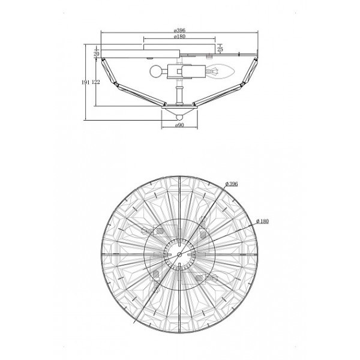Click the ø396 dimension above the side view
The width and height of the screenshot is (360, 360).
[179, 30]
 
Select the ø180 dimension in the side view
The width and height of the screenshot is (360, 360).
[179, 36]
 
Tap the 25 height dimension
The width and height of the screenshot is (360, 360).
[220, 49]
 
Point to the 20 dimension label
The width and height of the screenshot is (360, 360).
[97, 54]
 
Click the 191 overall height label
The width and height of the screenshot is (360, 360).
[85, 82]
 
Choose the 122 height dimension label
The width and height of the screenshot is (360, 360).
[96, 82]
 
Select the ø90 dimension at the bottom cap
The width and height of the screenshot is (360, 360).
[179, 125]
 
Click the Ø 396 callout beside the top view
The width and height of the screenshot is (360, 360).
[232, 184]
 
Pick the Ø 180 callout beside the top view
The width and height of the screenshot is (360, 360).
[262, 221]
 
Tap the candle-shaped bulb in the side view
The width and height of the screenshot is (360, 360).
[220, 71]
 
